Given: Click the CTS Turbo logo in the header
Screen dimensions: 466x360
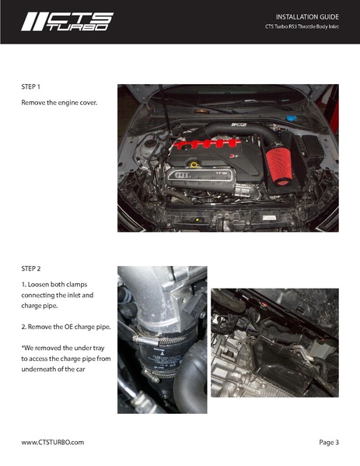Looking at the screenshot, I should coord(67,21).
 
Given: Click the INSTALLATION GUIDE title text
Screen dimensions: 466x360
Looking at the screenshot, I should coord(307,16).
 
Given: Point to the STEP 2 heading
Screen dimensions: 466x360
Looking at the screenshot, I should coord(31,269).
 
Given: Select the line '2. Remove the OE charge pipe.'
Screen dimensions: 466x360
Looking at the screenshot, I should coord(65,326).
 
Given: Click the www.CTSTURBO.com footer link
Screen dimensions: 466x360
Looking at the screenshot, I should coord(52,442).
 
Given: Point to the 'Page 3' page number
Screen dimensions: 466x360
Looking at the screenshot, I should coord(329,442).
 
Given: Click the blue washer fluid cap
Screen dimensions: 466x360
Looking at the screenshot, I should coord(291,119).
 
